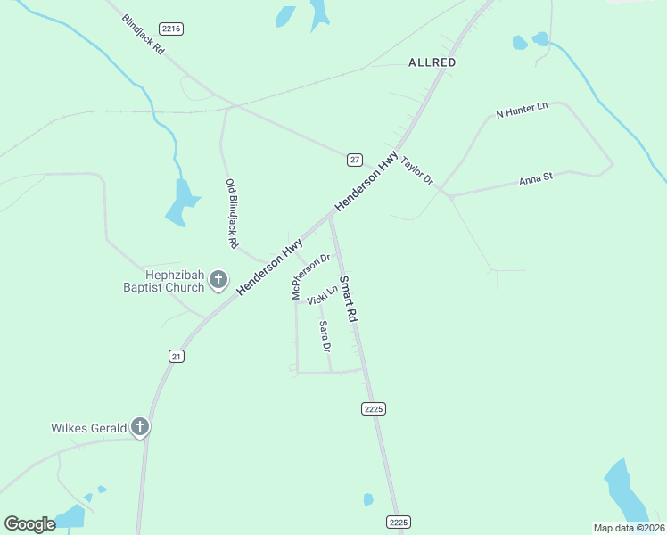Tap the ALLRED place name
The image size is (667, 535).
[x=432, y=62]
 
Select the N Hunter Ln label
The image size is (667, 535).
[x=522, y=110]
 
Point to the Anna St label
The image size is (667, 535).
[x=536, y=178]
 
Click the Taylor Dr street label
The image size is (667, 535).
[x=416, y=171]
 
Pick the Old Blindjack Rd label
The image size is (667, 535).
[x=231, y=212]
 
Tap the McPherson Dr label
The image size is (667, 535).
[x=310, y=276]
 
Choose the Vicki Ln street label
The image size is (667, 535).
[x=323, y=295]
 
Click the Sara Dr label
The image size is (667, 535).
[x=325, y=336]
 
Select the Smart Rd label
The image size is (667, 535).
[x=348, y=298]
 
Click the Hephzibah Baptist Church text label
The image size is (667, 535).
[x=164, y=282]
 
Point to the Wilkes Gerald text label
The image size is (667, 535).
[x=88, y=428]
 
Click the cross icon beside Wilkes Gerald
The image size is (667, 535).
[x=139, y=427]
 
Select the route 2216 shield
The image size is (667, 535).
[x=172, y=29]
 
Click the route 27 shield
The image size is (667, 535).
[x=355, y=160]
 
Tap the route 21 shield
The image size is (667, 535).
[x=177, y=356]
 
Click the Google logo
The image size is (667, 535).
[x=29, y=524]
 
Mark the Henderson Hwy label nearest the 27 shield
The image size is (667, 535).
[x=366, y=182]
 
